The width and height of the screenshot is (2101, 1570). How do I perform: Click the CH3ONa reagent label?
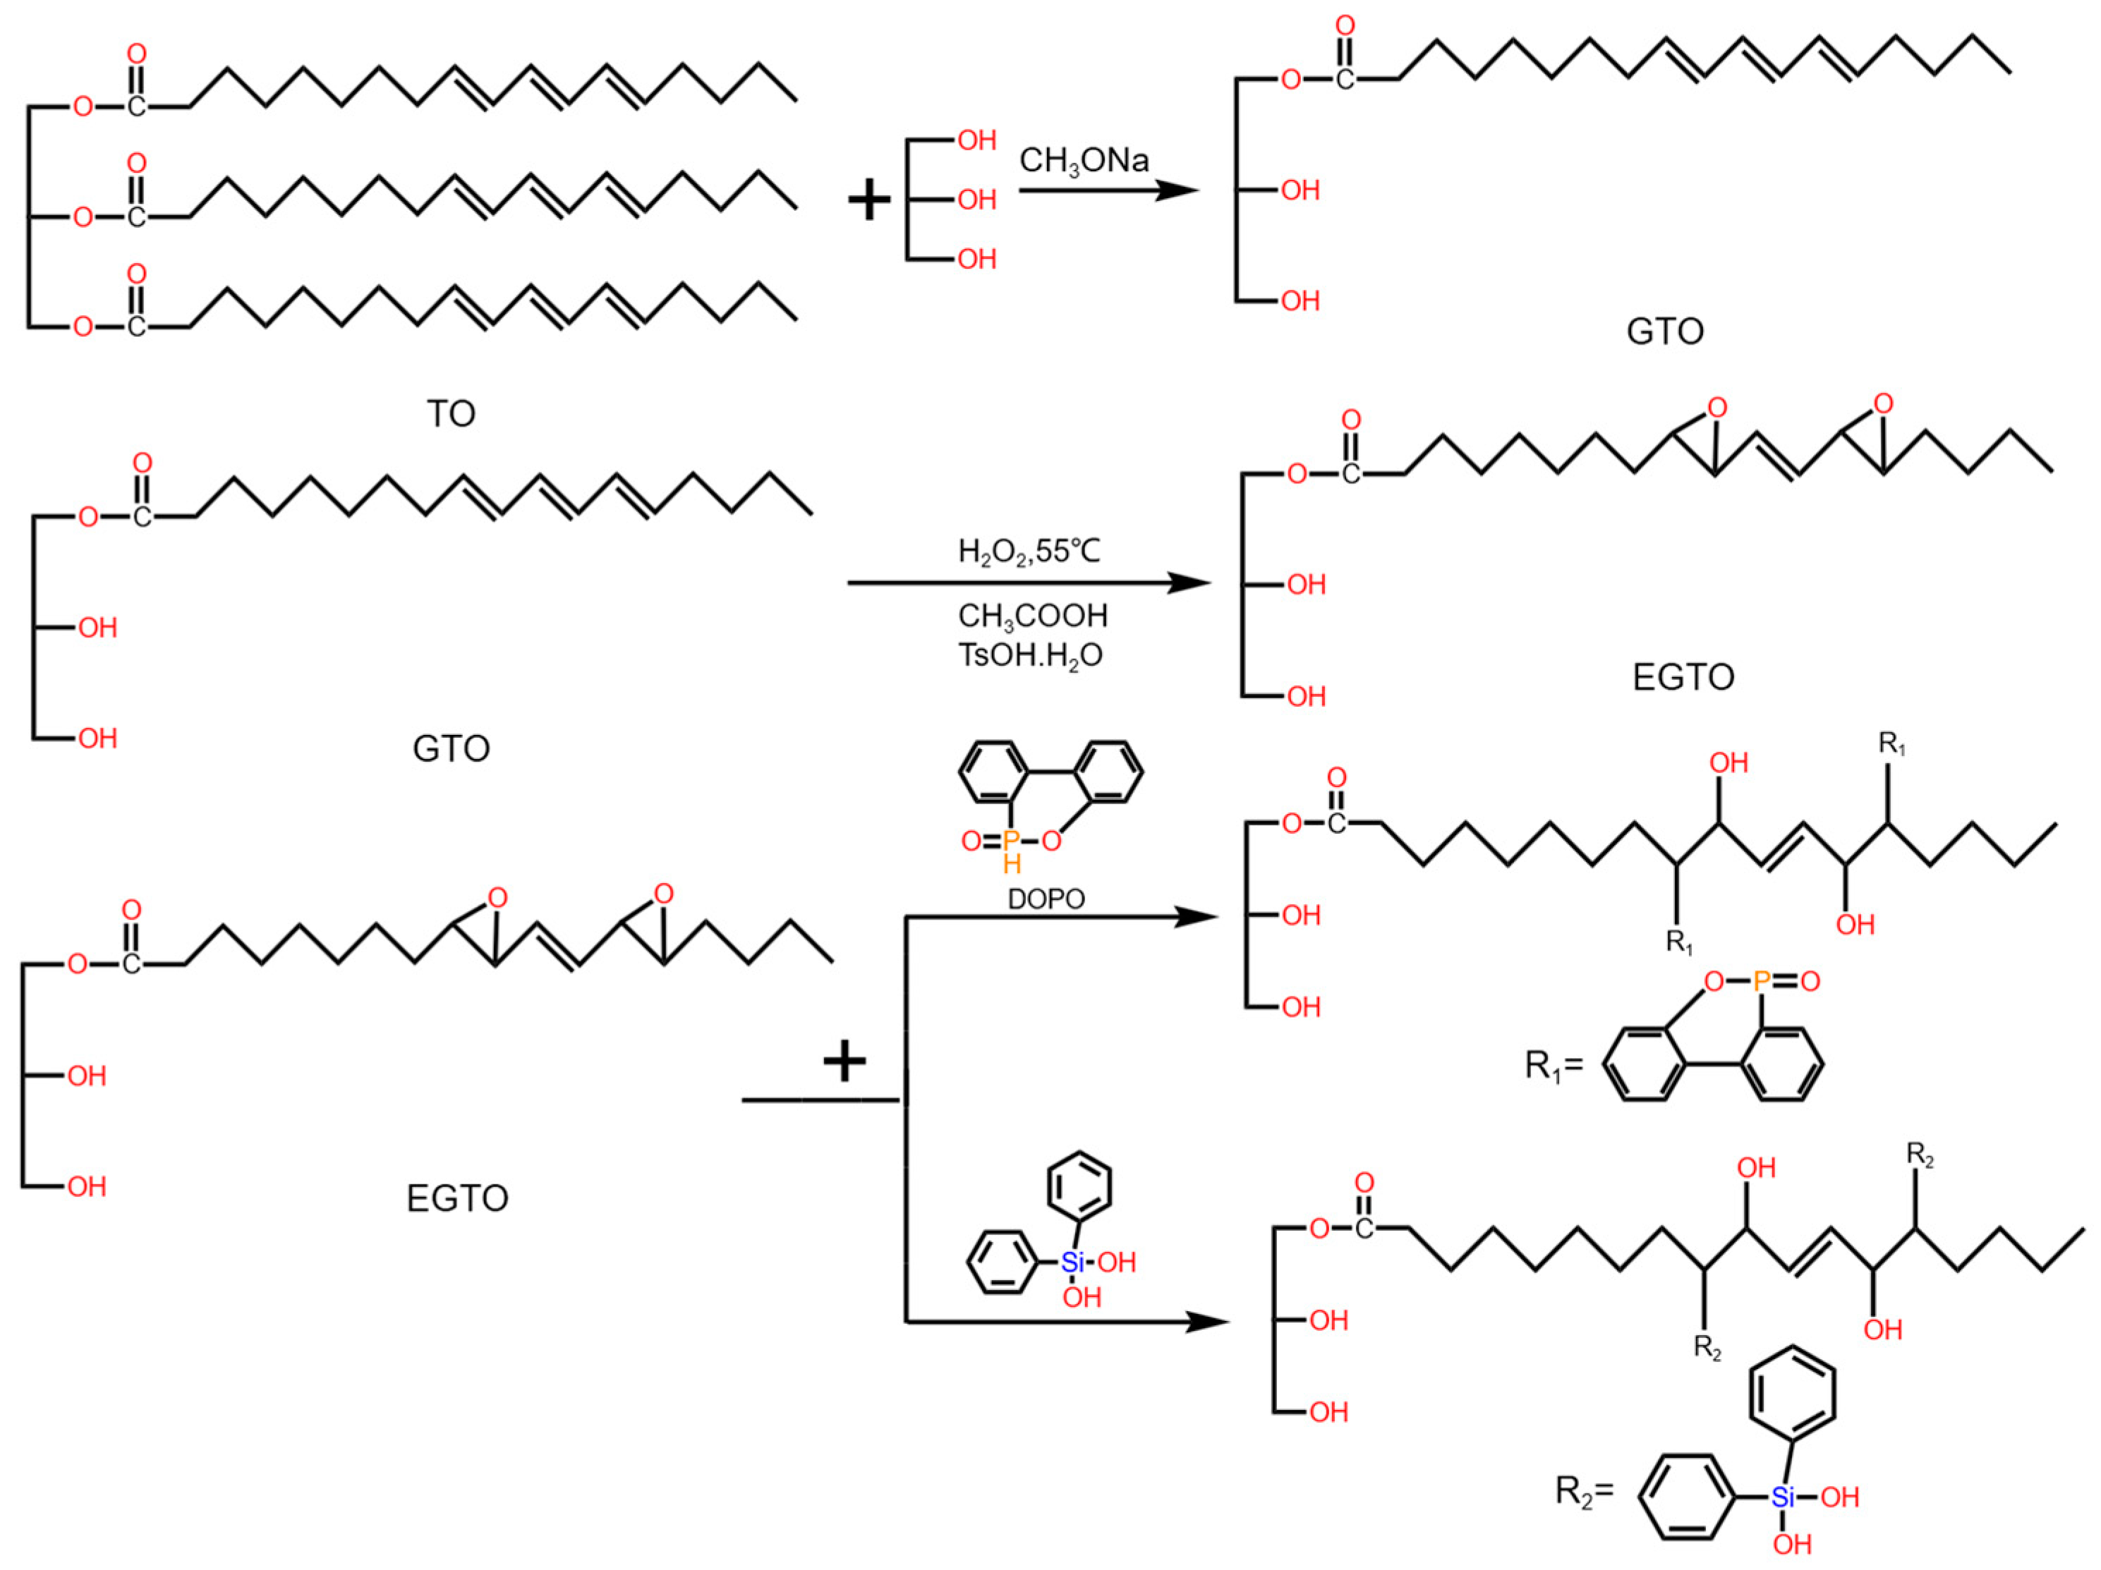click(x=1084, y=161)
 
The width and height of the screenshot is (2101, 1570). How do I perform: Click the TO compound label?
click(x=450, y=414)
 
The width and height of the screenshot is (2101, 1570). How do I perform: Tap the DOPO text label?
click(x=1046, y=899)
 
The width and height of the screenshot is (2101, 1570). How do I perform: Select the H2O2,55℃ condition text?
click(x=1029, y=552)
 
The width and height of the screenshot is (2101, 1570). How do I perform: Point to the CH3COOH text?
click(x=1032, y=616)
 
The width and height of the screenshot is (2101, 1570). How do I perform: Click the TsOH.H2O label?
click(x=1029, y=655)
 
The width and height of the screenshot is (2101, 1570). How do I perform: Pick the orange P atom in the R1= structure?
click(x=1761, y=981)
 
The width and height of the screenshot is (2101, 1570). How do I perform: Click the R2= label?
click(x=1583, y=1490)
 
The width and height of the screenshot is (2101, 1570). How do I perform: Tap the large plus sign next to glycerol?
click(x=869, y=201)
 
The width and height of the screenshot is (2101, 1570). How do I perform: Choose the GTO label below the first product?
click(x=1665, y=331)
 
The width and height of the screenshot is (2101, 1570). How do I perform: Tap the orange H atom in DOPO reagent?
click(x=1012, y=863)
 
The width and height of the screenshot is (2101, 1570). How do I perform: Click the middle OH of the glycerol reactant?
click(x=976, y=200)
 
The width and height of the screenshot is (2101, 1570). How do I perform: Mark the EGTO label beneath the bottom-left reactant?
click(x=457, y=1198)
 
